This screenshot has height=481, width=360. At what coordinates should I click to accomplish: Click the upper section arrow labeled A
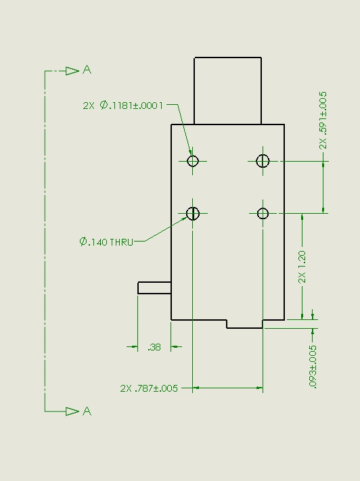click(x=72, y=71)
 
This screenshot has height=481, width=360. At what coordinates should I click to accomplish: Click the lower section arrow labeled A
click(x=72, y=411)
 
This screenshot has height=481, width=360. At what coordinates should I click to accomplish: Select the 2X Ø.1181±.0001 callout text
click(x=122, y=106)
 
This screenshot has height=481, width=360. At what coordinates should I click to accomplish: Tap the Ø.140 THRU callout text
click(x=106, y=242)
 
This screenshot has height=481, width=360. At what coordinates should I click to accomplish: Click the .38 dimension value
click(x=154, y=347)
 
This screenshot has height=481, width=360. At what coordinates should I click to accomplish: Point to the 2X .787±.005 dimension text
click(x=149, y=388)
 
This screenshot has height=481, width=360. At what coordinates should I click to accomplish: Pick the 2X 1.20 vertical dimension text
click(x=302, y=267)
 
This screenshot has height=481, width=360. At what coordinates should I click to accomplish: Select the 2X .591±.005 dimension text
click(x=323, y=120)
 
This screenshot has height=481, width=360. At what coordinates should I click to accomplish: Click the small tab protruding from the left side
click(x=154, y=288)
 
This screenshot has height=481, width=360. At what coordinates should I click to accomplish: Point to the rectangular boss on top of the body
click(x=228, y=91)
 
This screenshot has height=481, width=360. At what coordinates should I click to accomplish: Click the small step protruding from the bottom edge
click(x=244, y=324)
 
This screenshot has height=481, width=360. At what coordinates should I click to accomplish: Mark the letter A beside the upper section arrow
click(x=87, y=70)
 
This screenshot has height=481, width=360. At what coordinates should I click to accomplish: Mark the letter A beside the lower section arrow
click(x=87, y=411)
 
